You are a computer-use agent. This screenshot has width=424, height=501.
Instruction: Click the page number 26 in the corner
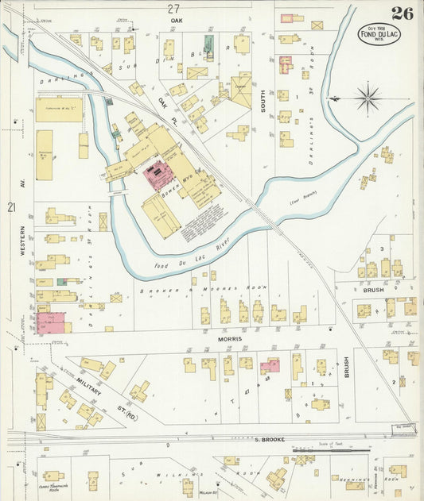point(402,13)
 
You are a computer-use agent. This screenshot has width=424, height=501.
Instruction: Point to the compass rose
point(368,99)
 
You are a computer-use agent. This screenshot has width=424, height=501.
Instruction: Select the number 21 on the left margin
point(11,207)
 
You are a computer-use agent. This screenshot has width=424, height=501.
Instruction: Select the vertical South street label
point(263,118)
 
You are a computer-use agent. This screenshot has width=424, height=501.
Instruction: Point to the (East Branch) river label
point(304,202)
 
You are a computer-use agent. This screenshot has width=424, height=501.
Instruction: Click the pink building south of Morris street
point(270,365)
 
